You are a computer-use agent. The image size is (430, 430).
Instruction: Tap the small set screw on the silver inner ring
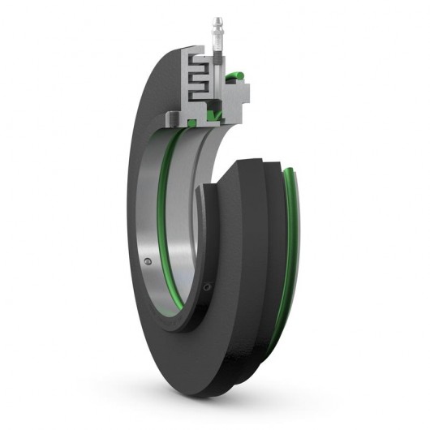[147, 262]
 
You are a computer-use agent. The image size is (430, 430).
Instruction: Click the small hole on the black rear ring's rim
[209, 286]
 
